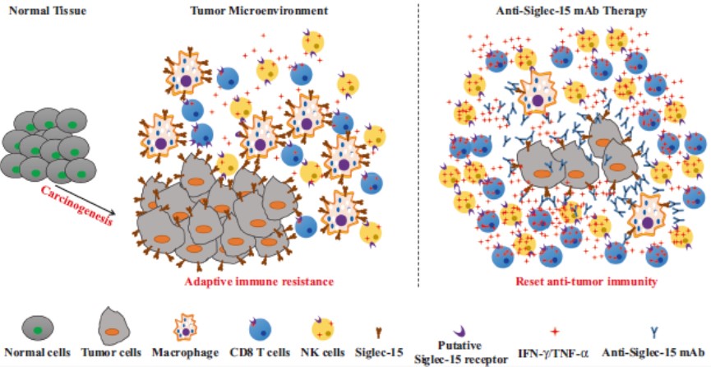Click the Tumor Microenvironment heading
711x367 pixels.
coord(259,10)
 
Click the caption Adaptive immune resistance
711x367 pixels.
coord(259,282)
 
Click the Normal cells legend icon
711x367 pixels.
coord(38,328)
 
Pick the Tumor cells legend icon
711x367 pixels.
coord(113,326)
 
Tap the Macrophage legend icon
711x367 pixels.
coord(186,328)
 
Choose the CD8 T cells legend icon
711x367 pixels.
coord(260,329)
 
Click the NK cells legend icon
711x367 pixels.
coord(323,329)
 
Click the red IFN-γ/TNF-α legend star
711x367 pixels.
coord(555,332)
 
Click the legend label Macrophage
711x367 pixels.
coord(186,352)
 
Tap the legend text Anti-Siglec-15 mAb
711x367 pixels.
coord(655,351)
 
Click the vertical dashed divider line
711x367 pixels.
coord(418,145)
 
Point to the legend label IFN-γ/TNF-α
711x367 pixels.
coord(555,352)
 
